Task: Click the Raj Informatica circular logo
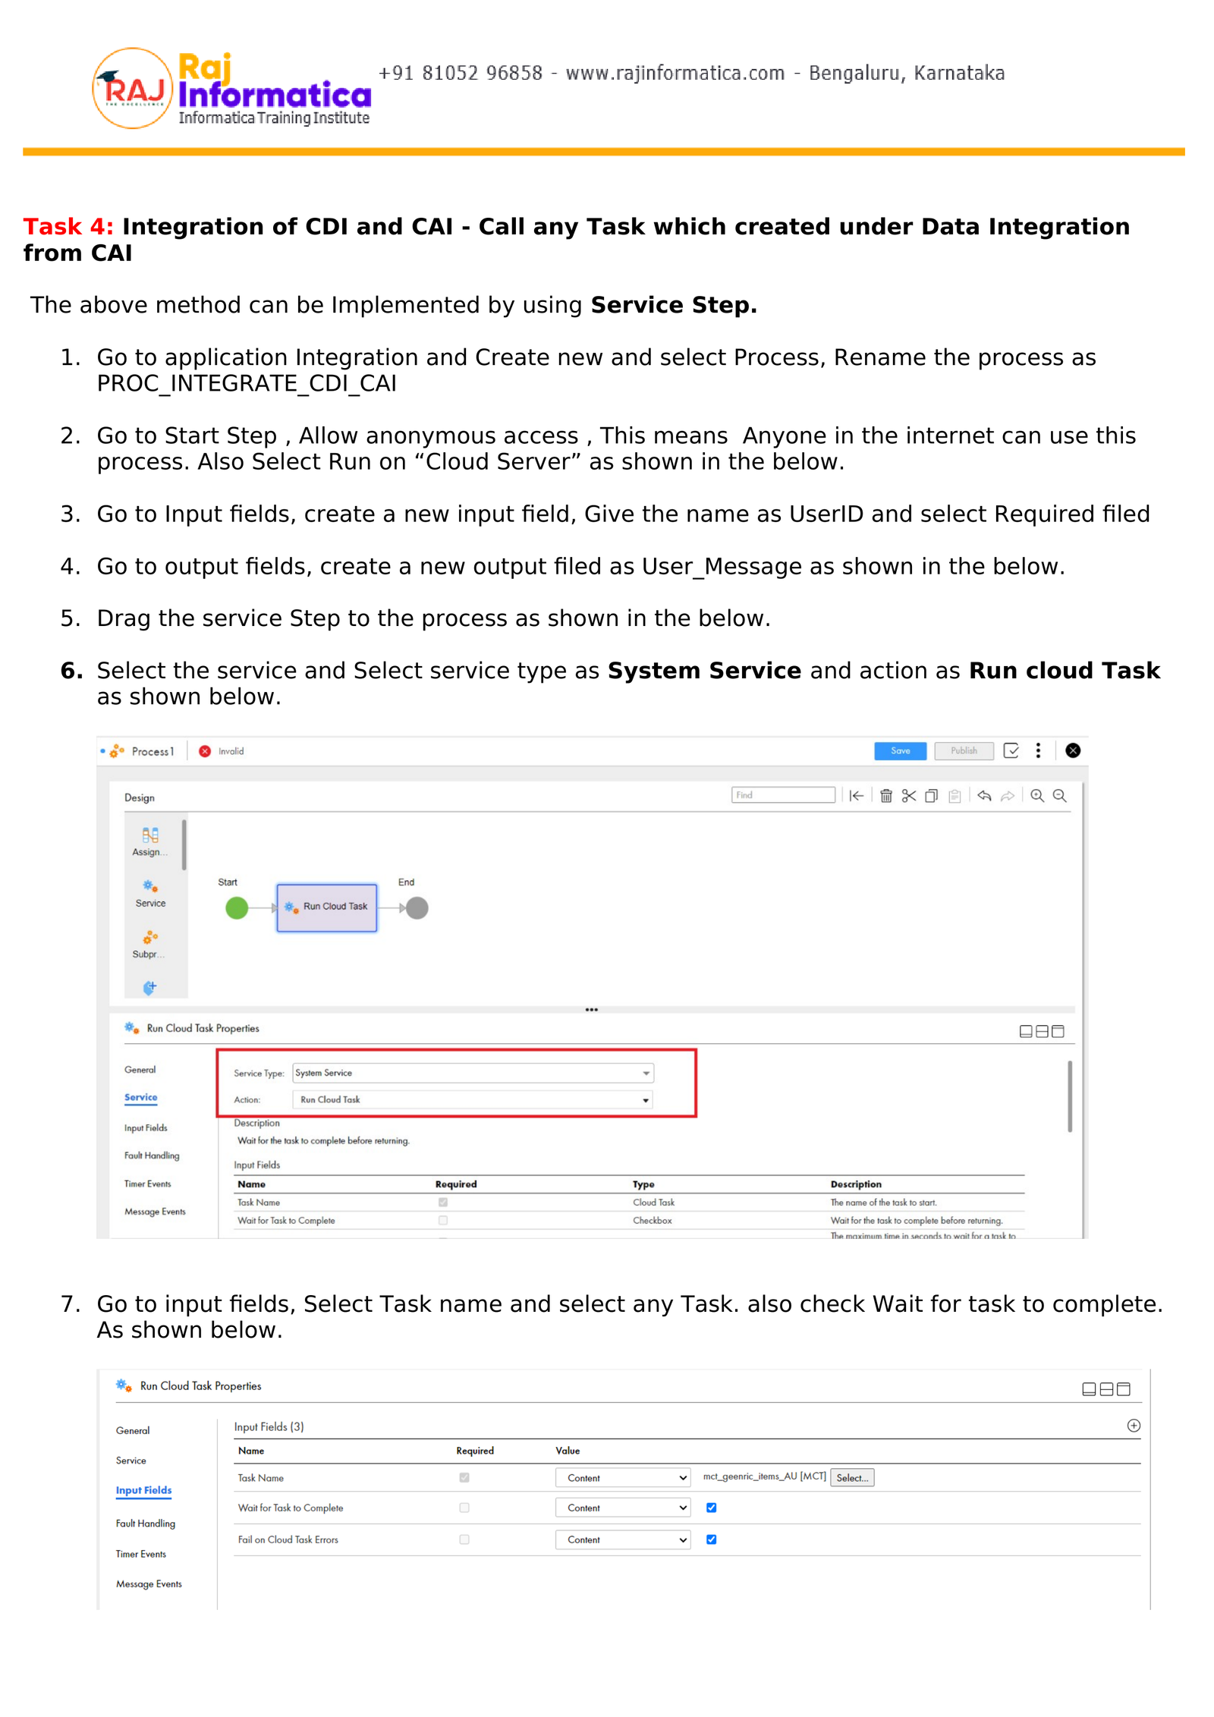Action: tap(133, 89)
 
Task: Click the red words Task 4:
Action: tap(68, 227)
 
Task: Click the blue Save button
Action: tap(900, 751)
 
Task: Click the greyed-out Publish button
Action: tap(964, 751)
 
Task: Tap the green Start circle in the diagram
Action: tap(237, 908)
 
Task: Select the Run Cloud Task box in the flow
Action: tap(327, 907)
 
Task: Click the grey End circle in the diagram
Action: tap(417, 908)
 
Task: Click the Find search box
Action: tap(783, 795)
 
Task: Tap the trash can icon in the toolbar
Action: tap(886, 796)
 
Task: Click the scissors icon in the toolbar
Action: tap(909, 796)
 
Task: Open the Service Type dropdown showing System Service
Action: tap(473, 1073)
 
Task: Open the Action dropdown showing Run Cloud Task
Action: tap(473, 1099)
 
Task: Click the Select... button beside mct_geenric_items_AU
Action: tap(852, 1477)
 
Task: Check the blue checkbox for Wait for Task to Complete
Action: tap(712, 1508)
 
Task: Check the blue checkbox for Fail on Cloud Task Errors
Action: tap(712, 1539)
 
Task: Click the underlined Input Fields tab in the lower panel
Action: tap(143, 1490)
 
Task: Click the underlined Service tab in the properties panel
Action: tap(141, 1097)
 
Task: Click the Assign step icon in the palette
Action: tap(150, 836)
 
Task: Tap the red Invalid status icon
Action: tap(205, 751)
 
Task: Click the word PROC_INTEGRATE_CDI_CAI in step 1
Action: tap(247, 384)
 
